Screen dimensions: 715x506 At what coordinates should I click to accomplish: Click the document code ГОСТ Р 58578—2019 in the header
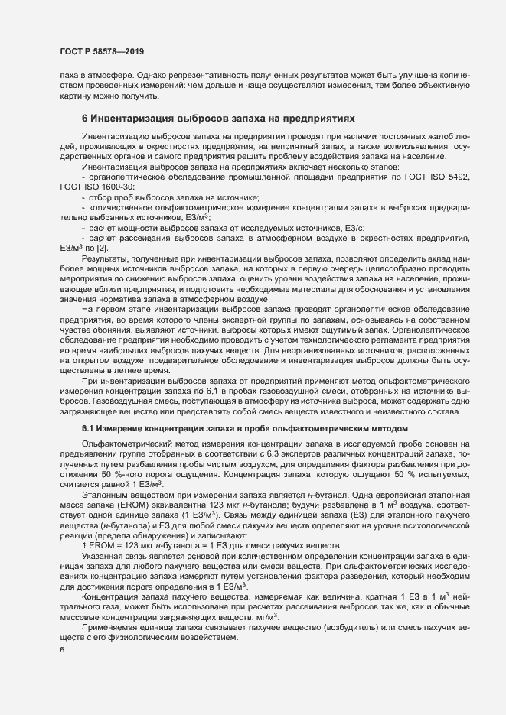tap(102, 51)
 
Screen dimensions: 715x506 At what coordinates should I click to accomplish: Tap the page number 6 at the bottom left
tap(61, 652)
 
